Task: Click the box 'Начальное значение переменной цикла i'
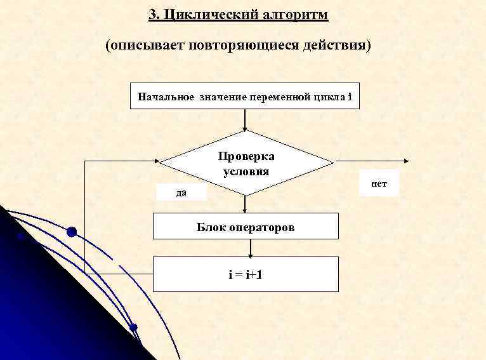pyautogui.click(x=245, y=97)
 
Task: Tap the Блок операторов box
pyautogui.click(x=245, y=227)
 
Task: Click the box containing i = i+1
pyautogui.click(x=246, y=274)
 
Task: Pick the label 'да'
pyautogui.click(x=181, y=192)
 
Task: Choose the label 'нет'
pyautogui.click(x=379, y=183)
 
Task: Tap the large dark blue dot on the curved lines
pyautogui.click(x=72, y=232)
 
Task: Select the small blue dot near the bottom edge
pyautogui.click(x=133, y=328)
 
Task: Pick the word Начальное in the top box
pyautogui.click(x=166, y=97)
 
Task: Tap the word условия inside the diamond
pyautogui.click(x=246, y=171)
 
